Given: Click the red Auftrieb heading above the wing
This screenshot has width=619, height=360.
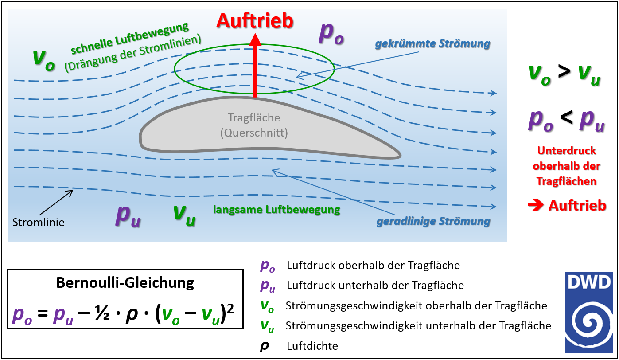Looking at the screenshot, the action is [x=254, y=21].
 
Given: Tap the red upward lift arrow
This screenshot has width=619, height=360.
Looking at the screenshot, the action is [x=255, y=66].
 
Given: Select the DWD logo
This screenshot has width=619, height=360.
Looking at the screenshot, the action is [x=588, y=313].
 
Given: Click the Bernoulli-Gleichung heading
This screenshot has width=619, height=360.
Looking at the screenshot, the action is [x=125, y=282].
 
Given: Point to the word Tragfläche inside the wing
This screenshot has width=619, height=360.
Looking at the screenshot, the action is [x=254, y=118].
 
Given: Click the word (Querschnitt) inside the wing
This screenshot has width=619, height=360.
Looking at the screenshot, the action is [x=254, y=133].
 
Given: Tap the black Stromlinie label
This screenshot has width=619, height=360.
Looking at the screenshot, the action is [x=39, y=222].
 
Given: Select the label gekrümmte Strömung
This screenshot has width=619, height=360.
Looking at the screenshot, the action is [x=433, y=44].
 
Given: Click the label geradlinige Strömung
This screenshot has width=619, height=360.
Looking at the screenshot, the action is [x=433, y=222].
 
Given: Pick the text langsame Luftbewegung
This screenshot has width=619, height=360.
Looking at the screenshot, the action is [x=276, y=210].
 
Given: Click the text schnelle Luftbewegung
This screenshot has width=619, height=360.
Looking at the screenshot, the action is [x=129, y=39].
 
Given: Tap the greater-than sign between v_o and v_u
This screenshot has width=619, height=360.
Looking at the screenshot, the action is [x=564, y=72].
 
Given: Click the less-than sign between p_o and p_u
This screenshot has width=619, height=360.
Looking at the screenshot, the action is [x=567, y=118].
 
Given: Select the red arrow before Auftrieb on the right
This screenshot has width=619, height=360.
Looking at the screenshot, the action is [x=536, y=205].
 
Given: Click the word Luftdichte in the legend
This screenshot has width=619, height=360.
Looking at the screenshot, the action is [x=312, y=346].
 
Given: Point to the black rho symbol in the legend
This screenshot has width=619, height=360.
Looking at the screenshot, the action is [x=264, y=347].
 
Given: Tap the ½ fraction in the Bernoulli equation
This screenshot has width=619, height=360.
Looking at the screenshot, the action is [x=102, y=315].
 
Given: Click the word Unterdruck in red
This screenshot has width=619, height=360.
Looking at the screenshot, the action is [x=567, y=151].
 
